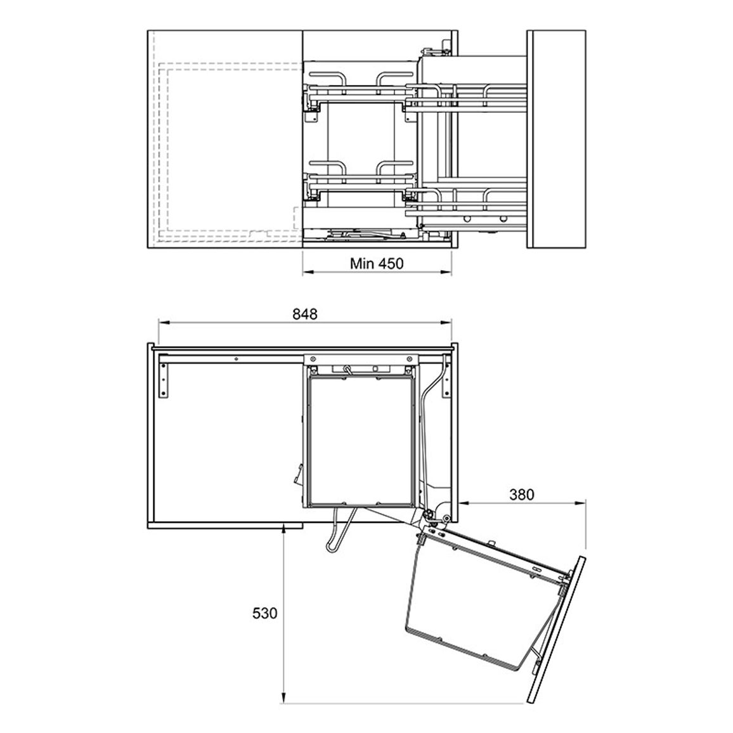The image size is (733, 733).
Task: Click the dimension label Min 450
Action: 376,264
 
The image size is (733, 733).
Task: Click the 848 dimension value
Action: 305,314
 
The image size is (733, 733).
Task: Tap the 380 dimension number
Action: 521,494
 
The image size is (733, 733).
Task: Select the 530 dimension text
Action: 264,613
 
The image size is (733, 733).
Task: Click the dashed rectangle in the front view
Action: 160,150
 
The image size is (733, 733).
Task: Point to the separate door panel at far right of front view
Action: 556,139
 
